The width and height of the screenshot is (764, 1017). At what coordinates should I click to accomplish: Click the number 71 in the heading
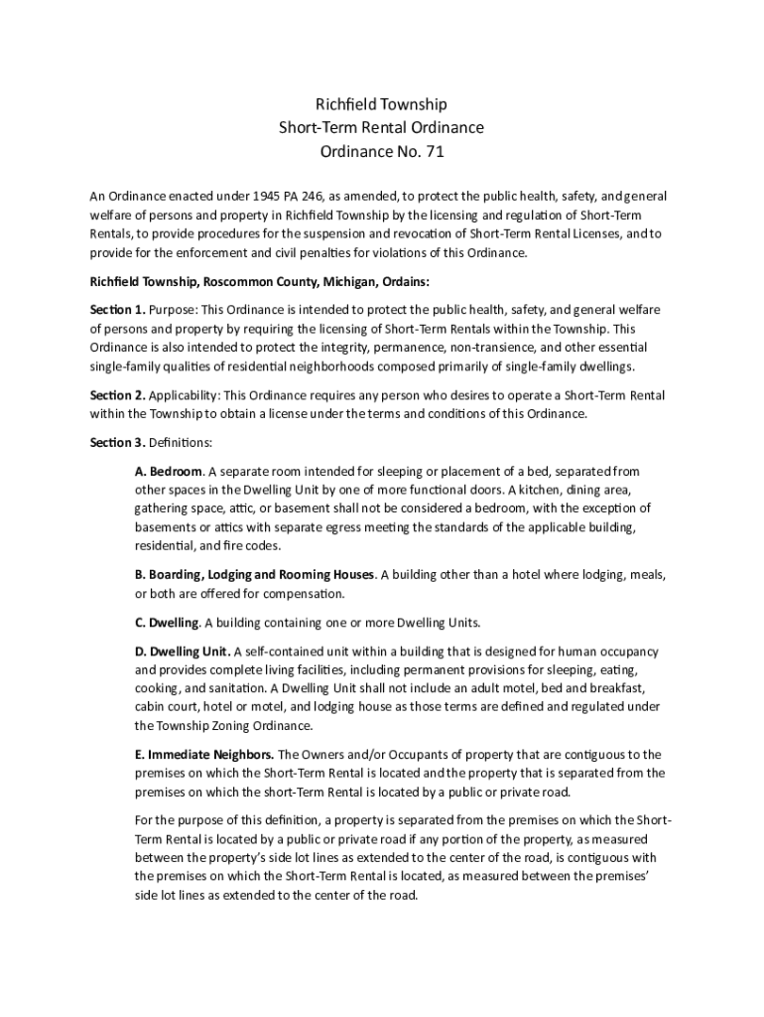coord(435,152)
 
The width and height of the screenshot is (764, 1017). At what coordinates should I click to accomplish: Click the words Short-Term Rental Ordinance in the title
coord(382,128)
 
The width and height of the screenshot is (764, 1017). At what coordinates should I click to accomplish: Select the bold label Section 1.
coord(117,310)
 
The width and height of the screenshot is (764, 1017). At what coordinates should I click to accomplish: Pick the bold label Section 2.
coord(117,394)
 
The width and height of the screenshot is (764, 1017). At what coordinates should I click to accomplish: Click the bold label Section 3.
coord(117,442)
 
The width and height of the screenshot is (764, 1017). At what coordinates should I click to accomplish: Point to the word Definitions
coord(181,442)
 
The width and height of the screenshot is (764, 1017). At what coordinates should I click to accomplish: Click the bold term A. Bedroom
coord(169,471)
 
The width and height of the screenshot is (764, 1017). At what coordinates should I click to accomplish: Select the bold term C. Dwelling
coord(168,623)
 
